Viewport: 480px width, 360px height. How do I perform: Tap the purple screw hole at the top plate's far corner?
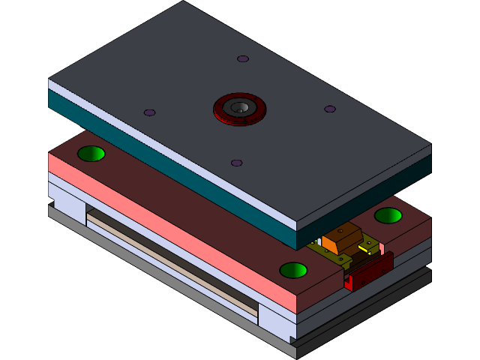pos(243,58)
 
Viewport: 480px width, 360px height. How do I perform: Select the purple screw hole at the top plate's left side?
pos(150,112)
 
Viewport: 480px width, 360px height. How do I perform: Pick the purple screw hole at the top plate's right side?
pos(330,109)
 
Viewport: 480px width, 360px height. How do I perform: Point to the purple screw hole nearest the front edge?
pos(237,163)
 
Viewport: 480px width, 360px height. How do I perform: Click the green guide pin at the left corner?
pos(91,154)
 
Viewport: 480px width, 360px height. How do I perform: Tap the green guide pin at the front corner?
pos(293,270)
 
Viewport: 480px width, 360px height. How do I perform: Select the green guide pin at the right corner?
pos(388,215)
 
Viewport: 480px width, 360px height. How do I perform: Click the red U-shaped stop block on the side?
pos(369,271)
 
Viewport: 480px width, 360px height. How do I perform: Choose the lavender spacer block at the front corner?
pos(276,321)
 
